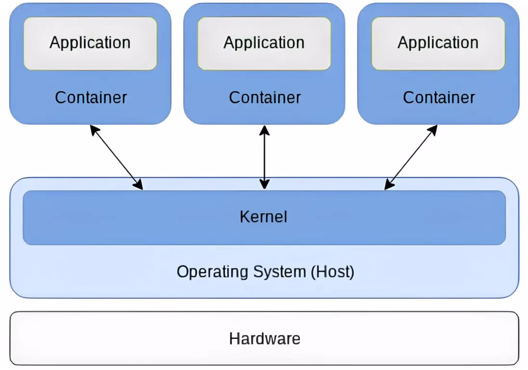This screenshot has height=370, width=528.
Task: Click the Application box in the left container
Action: point(90,43)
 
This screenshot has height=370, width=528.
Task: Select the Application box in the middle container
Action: point(264,43)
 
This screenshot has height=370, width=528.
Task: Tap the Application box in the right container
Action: point(438,43)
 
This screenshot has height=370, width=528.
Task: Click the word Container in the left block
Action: point(91,98)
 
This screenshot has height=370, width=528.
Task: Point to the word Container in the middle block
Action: point(265,98)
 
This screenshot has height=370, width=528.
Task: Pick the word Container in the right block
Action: point(439,98)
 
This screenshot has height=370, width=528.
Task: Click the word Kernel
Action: point(263,217)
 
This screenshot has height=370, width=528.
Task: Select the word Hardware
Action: point(265,339)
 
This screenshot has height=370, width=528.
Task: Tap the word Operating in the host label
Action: point(213,272)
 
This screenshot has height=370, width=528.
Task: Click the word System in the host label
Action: point(280,272)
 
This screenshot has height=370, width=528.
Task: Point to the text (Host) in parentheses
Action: point(333,272)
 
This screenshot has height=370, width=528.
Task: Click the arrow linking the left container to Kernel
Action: point(116,158)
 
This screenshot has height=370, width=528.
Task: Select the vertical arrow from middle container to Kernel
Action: point(264,158)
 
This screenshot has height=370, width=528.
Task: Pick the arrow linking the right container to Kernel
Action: point(411,158)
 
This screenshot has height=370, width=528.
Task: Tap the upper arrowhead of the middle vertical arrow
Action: point(264,131)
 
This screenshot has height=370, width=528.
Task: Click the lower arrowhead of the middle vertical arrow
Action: point(264,185)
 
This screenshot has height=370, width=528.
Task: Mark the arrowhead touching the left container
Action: point(94,130)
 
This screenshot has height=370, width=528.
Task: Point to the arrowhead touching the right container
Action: point(433,130)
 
